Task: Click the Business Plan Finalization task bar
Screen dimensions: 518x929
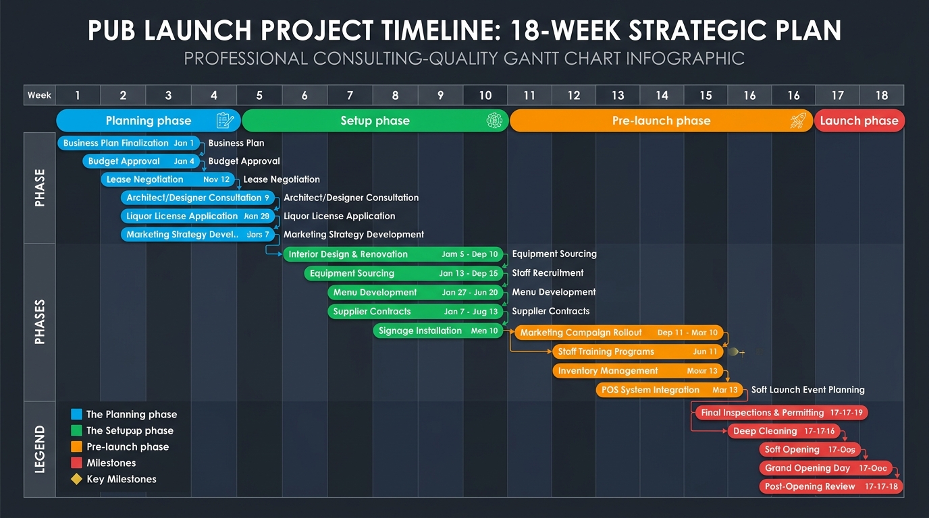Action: pos(129,143)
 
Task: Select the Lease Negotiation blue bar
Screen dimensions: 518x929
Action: pos(168,179)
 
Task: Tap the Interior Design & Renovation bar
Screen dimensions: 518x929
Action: pos(393,254)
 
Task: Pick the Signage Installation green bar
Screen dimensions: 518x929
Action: pos(438,330)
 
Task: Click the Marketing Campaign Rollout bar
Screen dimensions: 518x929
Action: pos(619,333)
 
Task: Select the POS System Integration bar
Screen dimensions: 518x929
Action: pos(669,390)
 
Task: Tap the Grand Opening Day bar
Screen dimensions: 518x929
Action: pos(826,468)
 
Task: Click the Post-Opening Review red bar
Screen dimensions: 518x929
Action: pos(831,486)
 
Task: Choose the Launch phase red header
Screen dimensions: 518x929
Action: pos(859,121)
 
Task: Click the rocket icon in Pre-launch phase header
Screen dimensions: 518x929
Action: pos(798,121)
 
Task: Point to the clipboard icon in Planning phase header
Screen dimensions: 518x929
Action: pos(225,121)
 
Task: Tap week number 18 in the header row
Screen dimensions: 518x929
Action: pos(881,95)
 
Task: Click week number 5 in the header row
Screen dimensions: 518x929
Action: pos(259,95)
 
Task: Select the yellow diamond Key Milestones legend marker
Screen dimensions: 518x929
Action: pos(76,480)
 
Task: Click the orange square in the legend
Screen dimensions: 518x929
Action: pos(76,447)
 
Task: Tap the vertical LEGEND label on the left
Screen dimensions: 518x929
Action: pos(39,449)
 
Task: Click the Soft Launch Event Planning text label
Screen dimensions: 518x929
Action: pos(807,390)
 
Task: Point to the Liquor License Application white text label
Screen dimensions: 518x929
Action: pos(339,217)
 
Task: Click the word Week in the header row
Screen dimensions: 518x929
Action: pos(39,95)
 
